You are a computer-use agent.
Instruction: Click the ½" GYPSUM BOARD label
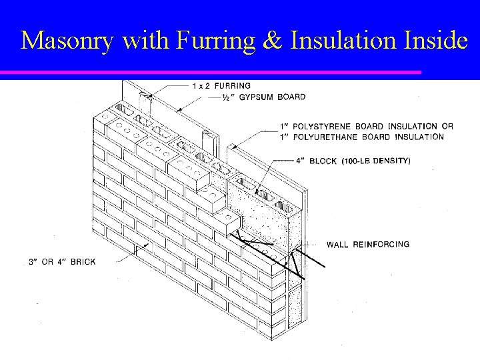(263, 97)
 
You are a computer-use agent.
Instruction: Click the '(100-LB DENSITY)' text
(376, 161)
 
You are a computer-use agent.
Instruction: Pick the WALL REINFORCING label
(367, 244)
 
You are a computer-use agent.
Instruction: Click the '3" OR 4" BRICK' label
(62, 261)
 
